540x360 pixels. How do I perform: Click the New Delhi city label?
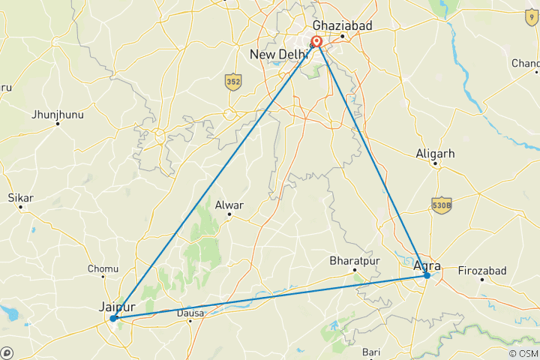click(279, 55)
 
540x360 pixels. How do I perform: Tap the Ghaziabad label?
click(343, 25)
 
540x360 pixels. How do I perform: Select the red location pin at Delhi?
click(317, 43)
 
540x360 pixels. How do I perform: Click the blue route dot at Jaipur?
click(113, 318)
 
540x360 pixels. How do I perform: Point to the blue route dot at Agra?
click(427, 275)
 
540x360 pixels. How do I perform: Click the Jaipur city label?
click(117, 306)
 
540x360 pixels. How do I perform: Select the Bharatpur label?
click(352, 261)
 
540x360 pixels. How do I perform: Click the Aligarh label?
click(435, 154)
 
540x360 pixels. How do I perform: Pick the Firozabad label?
click(481, 270)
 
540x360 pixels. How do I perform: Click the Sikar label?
click(21, 198)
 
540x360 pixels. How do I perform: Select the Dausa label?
click(190, 313)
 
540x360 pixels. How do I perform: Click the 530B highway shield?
click(442, 204)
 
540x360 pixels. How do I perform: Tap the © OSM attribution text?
click(523, 353)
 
